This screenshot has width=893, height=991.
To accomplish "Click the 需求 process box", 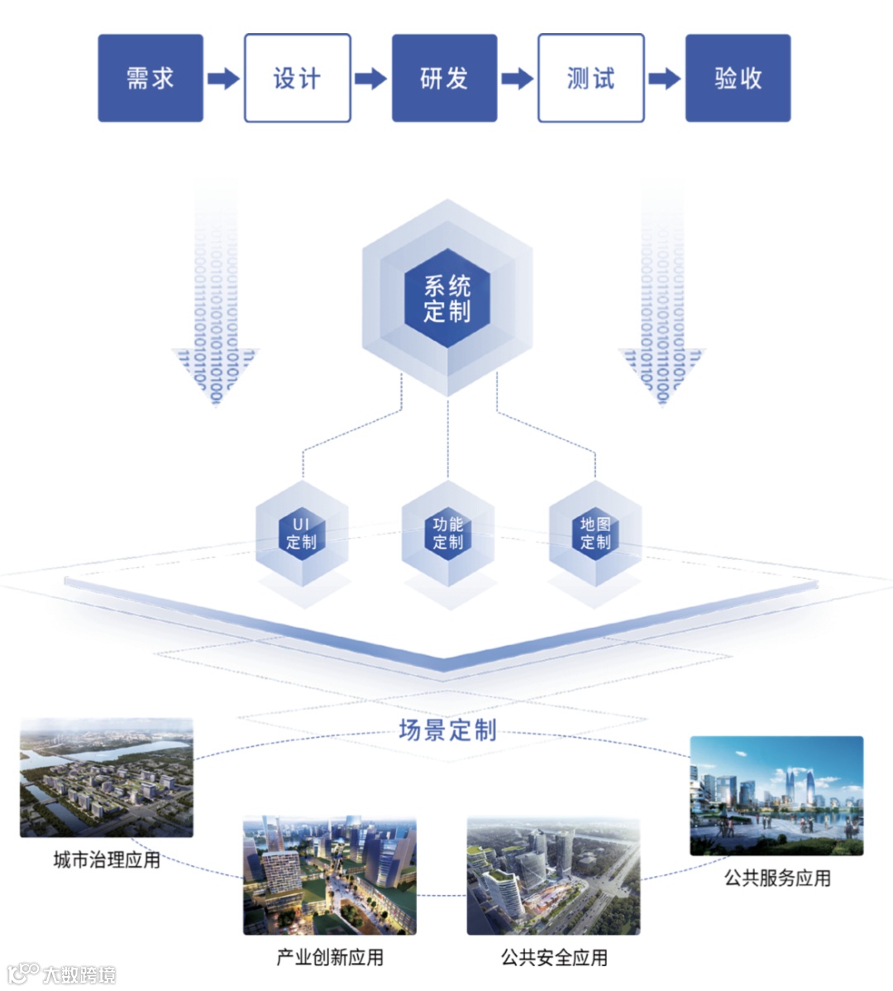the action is (x=150, y=79).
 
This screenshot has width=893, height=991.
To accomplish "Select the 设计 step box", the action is (x=297, y=79).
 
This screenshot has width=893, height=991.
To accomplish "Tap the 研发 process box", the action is (x=444, y=79).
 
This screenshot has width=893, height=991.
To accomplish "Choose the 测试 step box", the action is (x=590, y=79).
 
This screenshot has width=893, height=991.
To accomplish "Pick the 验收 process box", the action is (x=738, y=79).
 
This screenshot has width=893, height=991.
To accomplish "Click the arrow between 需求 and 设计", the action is (x=223, y=79).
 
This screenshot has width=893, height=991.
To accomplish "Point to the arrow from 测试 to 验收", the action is (x=664, y=79).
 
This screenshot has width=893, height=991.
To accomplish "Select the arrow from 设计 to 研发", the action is (x=370, y=79).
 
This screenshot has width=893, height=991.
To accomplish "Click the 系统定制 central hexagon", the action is (x=447, y=299).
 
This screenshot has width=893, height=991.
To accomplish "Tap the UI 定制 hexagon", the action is (x=301, y=534).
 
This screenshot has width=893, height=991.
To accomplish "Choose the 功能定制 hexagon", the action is (x=448, y=534).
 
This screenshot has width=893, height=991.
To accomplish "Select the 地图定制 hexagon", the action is (x=595, y=534).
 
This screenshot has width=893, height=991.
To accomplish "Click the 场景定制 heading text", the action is (x=447, y=730).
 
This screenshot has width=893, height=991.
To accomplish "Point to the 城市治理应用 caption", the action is (x=107, y=860).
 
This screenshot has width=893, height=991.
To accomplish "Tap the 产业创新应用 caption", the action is (x=330, y=958).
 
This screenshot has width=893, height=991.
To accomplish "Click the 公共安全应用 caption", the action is (x=554, y=958).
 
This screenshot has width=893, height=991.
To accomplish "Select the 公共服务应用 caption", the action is (x=777, y=878).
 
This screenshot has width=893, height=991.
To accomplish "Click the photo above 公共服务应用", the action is (x=776, y=796).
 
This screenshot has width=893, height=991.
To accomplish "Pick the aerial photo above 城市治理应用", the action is (x=107, y=778).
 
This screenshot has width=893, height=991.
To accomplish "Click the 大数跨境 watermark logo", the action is (x=62, y=974).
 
